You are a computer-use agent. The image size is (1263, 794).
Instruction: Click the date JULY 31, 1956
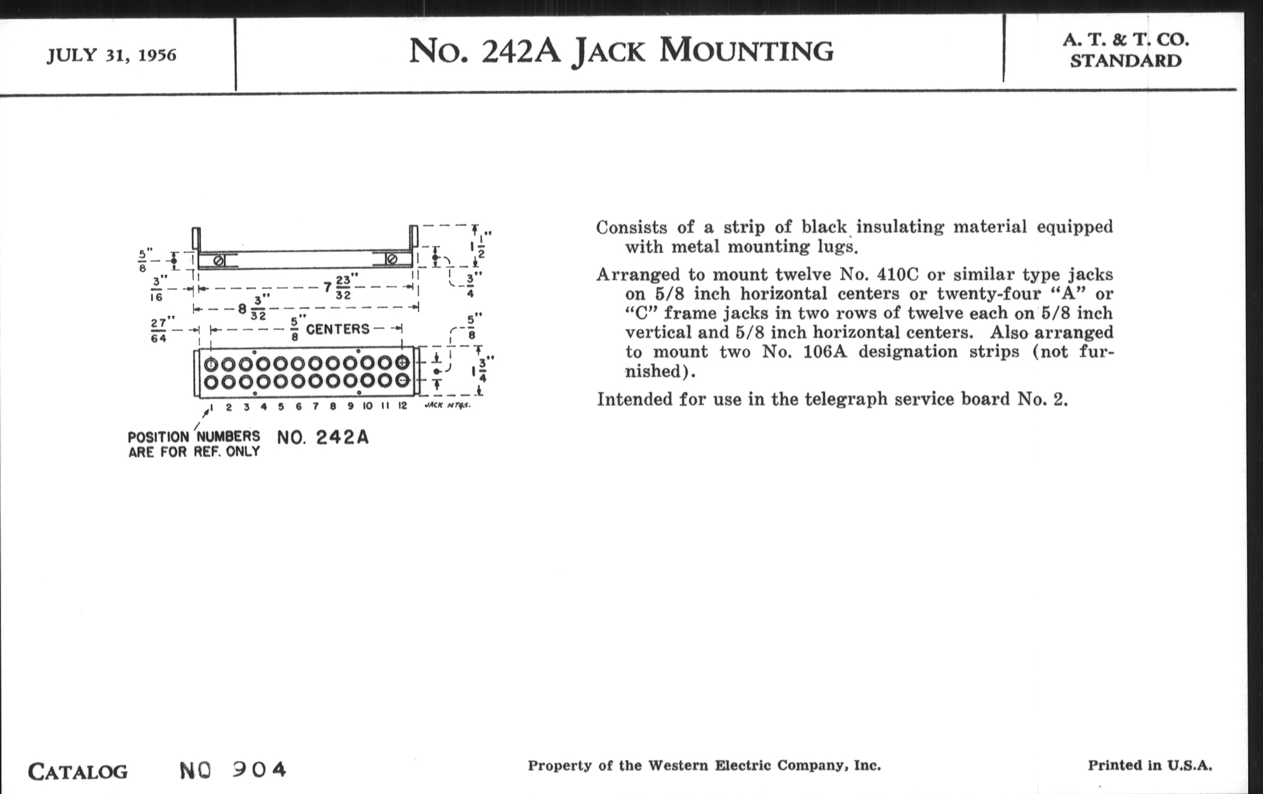112,55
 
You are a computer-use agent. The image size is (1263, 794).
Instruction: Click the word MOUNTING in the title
746,51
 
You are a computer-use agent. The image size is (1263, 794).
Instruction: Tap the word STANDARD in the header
1125,61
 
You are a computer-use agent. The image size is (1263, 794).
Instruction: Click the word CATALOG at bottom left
77,772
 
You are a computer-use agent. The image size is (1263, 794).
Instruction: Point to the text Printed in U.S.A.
1150,765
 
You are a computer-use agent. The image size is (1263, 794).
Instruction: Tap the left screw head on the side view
219,260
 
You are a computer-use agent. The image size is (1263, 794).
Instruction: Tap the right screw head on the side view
391,259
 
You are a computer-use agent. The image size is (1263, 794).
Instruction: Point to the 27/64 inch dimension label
159,330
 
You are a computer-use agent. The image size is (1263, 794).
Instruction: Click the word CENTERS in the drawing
338,329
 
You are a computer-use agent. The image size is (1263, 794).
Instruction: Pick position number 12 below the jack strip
402,406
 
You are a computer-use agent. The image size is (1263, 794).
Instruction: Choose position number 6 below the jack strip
299,406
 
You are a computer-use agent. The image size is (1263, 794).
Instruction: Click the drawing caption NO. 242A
323,437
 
